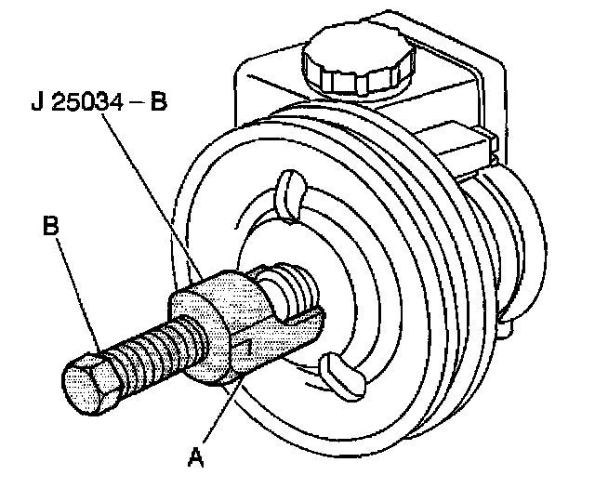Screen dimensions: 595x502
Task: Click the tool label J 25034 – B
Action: [x=99, y=101]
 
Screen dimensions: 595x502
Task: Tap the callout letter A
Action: [x=196, y=456]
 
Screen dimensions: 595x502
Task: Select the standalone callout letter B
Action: [x=51, y=225]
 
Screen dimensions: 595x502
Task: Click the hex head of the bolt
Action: [x=90, y=386]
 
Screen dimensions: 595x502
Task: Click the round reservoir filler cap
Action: [x=358, y=61]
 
